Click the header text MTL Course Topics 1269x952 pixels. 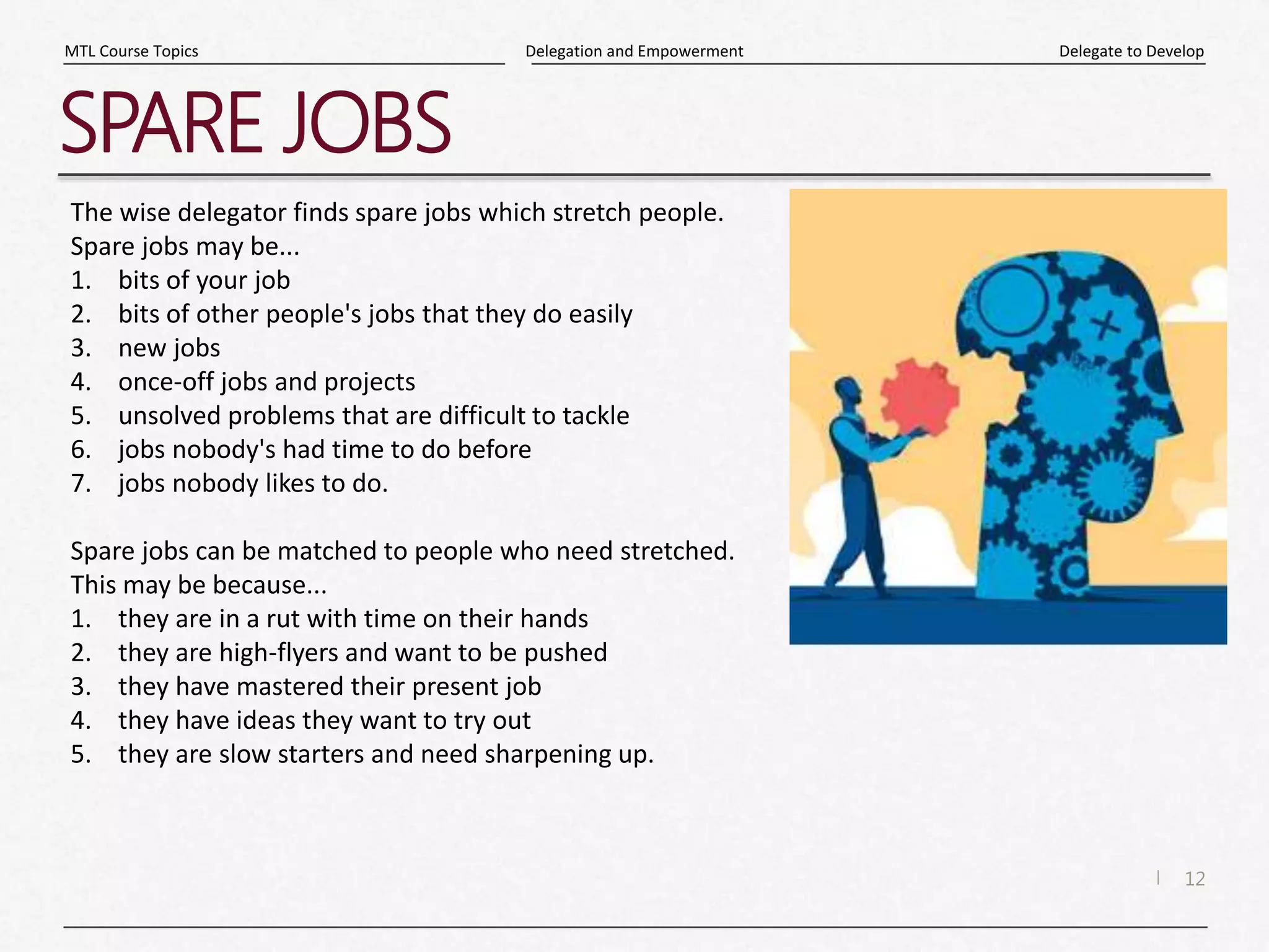click(x=131, y=51)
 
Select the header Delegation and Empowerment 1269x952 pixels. click(x=634, y=51)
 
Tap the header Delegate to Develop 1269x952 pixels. click(x=1131, y=51)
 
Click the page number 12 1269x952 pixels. click(x=1194, y=879)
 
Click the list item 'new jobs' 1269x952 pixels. click(x=169, y=348)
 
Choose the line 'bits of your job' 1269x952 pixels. click(x=204, y=280)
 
